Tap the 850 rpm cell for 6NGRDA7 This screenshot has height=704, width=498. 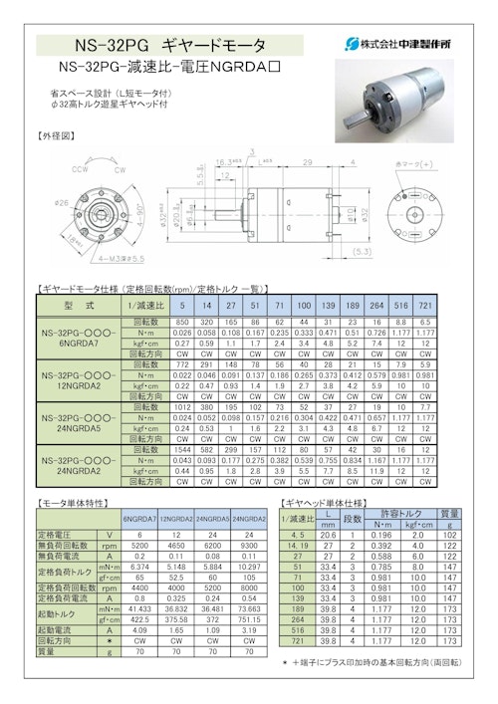pyautogui.click(x=182, y=323)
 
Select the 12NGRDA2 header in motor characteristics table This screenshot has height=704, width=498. pyautogui.click(x=176, y=518)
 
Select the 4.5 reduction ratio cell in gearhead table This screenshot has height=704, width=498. pyautogui.click(x=297, y=535)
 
